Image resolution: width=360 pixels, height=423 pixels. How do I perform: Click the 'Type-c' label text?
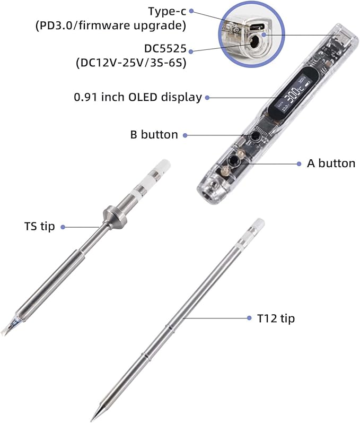[167, 11]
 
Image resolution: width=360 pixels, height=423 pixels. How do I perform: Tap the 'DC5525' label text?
[165, 48]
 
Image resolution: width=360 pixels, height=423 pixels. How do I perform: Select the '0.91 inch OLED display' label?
[138, 97]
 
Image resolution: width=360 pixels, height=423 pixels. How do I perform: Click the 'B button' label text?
[154, 135]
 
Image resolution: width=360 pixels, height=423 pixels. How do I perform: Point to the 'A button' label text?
[331, 163]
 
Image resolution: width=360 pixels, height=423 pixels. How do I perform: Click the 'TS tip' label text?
[39, 226]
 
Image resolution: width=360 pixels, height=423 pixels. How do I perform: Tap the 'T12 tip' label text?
[276, 318]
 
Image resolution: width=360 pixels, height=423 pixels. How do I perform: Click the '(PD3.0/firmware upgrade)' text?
[111, 25]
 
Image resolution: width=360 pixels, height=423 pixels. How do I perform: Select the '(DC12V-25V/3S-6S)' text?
[131, 63]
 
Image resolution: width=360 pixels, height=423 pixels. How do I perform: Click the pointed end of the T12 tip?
[92, 419]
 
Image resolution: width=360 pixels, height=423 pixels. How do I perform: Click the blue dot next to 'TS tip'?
[63, 227]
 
